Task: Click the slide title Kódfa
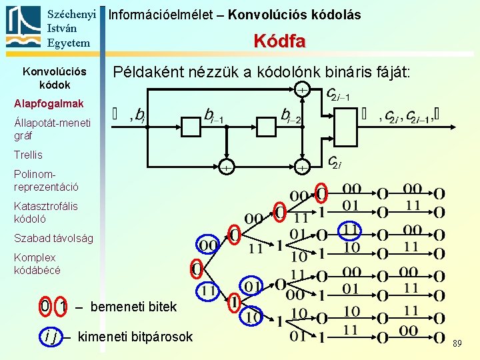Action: click(279, 41)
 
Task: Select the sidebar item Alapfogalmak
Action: click(49, 103)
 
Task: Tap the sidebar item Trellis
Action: click(28, 155)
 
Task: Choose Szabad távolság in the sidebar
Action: click(53, 238)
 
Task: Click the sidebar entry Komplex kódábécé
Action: click(37, 263)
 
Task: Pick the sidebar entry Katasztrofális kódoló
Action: click(45, 212)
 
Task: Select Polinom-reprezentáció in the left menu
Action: click(46, 180)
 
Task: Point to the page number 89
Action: click(457, 343)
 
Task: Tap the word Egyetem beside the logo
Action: click(69, 43)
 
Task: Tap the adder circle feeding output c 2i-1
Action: click(302, 89)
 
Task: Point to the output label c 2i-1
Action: click(338, 95)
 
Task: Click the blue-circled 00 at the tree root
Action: click(209, 245)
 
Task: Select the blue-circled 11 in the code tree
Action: click(351, 231)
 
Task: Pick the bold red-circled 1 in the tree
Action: click(233, 302)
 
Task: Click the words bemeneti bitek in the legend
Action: click(133, 307)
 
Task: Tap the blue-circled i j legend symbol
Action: click(49, 337)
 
